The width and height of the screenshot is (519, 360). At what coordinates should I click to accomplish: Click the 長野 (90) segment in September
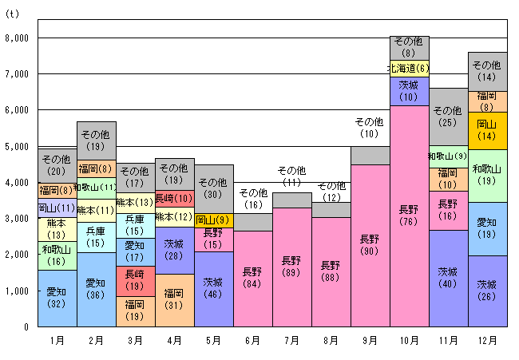click(370, 245)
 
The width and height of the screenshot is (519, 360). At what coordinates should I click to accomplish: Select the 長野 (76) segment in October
click(410, 216)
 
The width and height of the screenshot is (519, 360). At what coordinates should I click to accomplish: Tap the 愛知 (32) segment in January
click(57, 298)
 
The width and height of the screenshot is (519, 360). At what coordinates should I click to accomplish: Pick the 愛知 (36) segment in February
click(96, 289)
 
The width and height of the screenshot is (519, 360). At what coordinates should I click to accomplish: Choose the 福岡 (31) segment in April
click(174, 300)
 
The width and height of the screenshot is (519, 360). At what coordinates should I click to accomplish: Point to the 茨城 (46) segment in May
click(213, 288)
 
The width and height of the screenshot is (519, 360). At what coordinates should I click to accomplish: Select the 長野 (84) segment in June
click(252, 278)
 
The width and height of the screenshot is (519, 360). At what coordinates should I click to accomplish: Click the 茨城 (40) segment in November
click(449, 278)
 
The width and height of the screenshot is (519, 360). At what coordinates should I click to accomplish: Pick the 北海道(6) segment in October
click(410, 69)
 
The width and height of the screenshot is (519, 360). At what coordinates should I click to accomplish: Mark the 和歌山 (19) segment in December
click(487, 175)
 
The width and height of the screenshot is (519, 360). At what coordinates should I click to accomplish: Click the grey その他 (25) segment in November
click(449, 117)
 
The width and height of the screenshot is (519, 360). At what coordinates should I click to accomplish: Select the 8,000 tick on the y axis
click(17, 38)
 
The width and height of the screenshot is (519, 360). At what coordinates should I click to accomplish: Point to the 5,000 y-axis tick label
click(17, 146)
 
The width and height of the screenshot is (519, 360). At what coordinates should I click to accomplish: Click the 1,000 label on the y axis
click(17, 291)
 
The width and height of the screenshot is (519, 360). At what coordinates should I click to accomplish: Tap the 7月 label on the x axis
click(291, 340)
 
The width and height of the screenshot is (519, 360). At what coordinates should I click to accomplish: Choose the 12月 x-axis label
click(487, 340)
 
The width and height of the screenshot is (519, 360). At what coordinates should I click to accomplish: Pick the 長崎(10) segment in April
click(174, 197)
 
